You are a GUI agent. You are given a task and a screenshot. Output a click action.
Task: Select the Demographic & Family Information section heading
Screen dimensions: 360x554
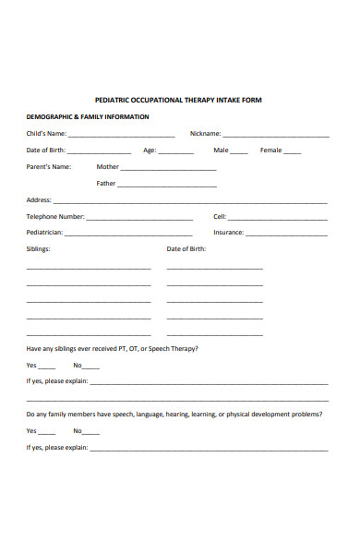click(x=88, y=117)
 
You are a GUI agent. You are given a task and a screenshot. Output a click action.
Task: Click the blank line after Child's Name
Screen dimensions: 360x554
click(x=121, y=135)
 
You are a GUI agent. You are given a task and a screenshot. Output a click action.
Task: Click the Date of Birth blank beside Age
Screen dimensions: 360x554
click(x=100, y=151)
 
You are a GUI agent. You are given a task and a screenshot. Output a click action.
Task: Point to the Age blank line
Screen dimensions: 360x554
click(x=176, y=151)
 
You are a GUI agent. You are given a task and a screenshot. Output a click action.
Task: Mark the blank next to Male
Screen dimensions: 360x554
click(x=239, y=151)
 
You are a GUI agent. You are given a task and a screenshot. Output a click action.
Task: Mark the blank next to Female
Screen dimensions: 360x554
click(x=293, y=151)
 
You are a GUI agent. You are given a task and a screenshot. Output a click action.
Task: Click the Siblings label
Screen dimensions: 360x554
click(x=39, y=249)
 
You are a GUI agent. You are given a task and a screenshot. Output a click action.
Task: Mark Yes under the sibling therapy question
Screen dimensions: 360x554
click(x=47, y=367)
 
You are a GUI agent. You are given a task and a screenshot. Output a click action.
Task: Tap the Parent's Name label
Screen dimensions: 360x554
click(x=49, y=167)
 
